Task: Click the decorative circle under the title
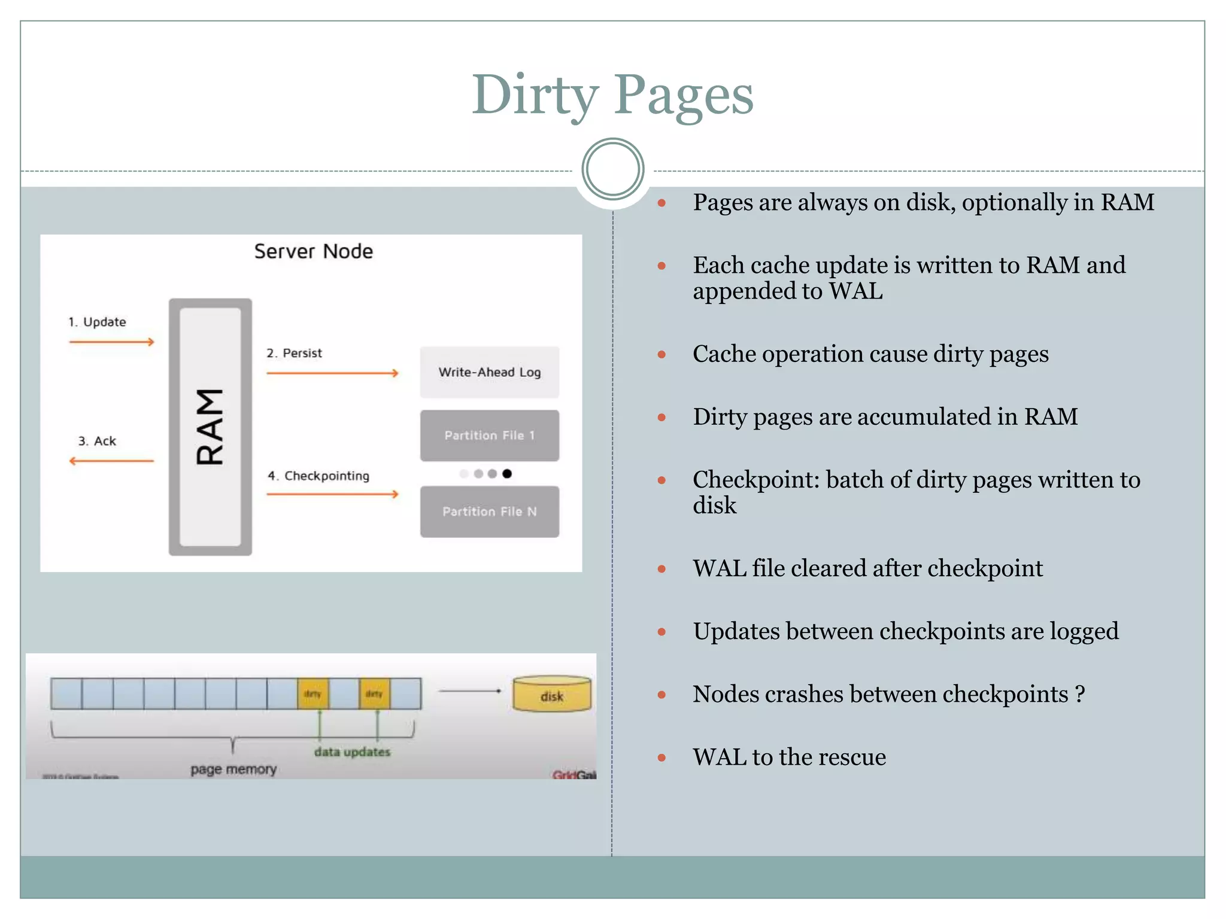point(612,169)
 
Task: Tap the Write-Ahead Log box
point(489,372)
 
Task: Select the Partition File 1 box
point(489,436)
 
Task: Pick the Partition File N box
point(489,512)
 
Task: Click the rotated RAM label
point(210,426)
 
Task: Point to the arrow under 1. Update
point(111,342)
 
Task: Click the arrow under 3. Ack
point(111,461)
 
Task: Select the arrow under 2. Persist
point(332,373)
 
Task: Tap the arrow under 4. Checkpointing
point(332,494)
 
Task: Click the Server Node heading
point(313,251)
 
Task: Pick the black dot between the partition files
point(507,474)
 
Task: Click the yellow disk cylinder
point(551,695)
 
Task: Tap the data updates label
point(352,752)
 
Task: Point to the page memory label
point(233,769)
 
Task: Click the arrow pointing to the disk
point(470,691)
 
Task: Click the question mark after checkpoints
point(1079,694)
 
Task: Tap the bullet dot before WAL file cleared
point(661,569)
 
